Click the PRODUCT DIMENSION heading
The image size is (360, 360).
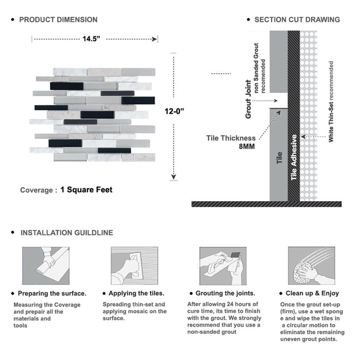click(58, 20)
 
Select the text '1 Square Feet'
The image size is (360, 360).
click(86, 189)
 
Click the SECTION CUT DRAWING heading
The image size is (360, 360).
click(297, 20)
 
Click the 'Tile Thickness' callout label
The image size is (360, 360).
click(231, 138)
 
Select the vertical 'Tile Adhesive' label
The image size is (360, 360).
click(294, 157)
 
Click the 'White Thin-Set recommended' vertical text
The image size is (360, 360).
click(331, 101)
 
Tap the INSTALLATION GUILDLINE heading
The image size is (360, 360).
click(67, 232)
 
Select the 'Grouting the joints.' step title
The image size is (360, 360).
click(225, 294)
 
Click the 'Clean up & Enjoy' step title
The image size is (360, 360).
click(314, 294)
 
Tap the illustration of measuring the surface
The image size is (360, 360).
click(45, 266)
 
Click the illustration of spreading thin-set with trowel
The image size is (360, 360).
click(134, 266)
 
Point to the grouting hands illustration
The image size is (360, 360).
click(222, 266)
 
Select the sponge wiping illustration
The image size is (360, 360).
click(311, 266)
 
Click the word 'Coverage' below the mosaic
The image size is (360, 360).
click(37, 190)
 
